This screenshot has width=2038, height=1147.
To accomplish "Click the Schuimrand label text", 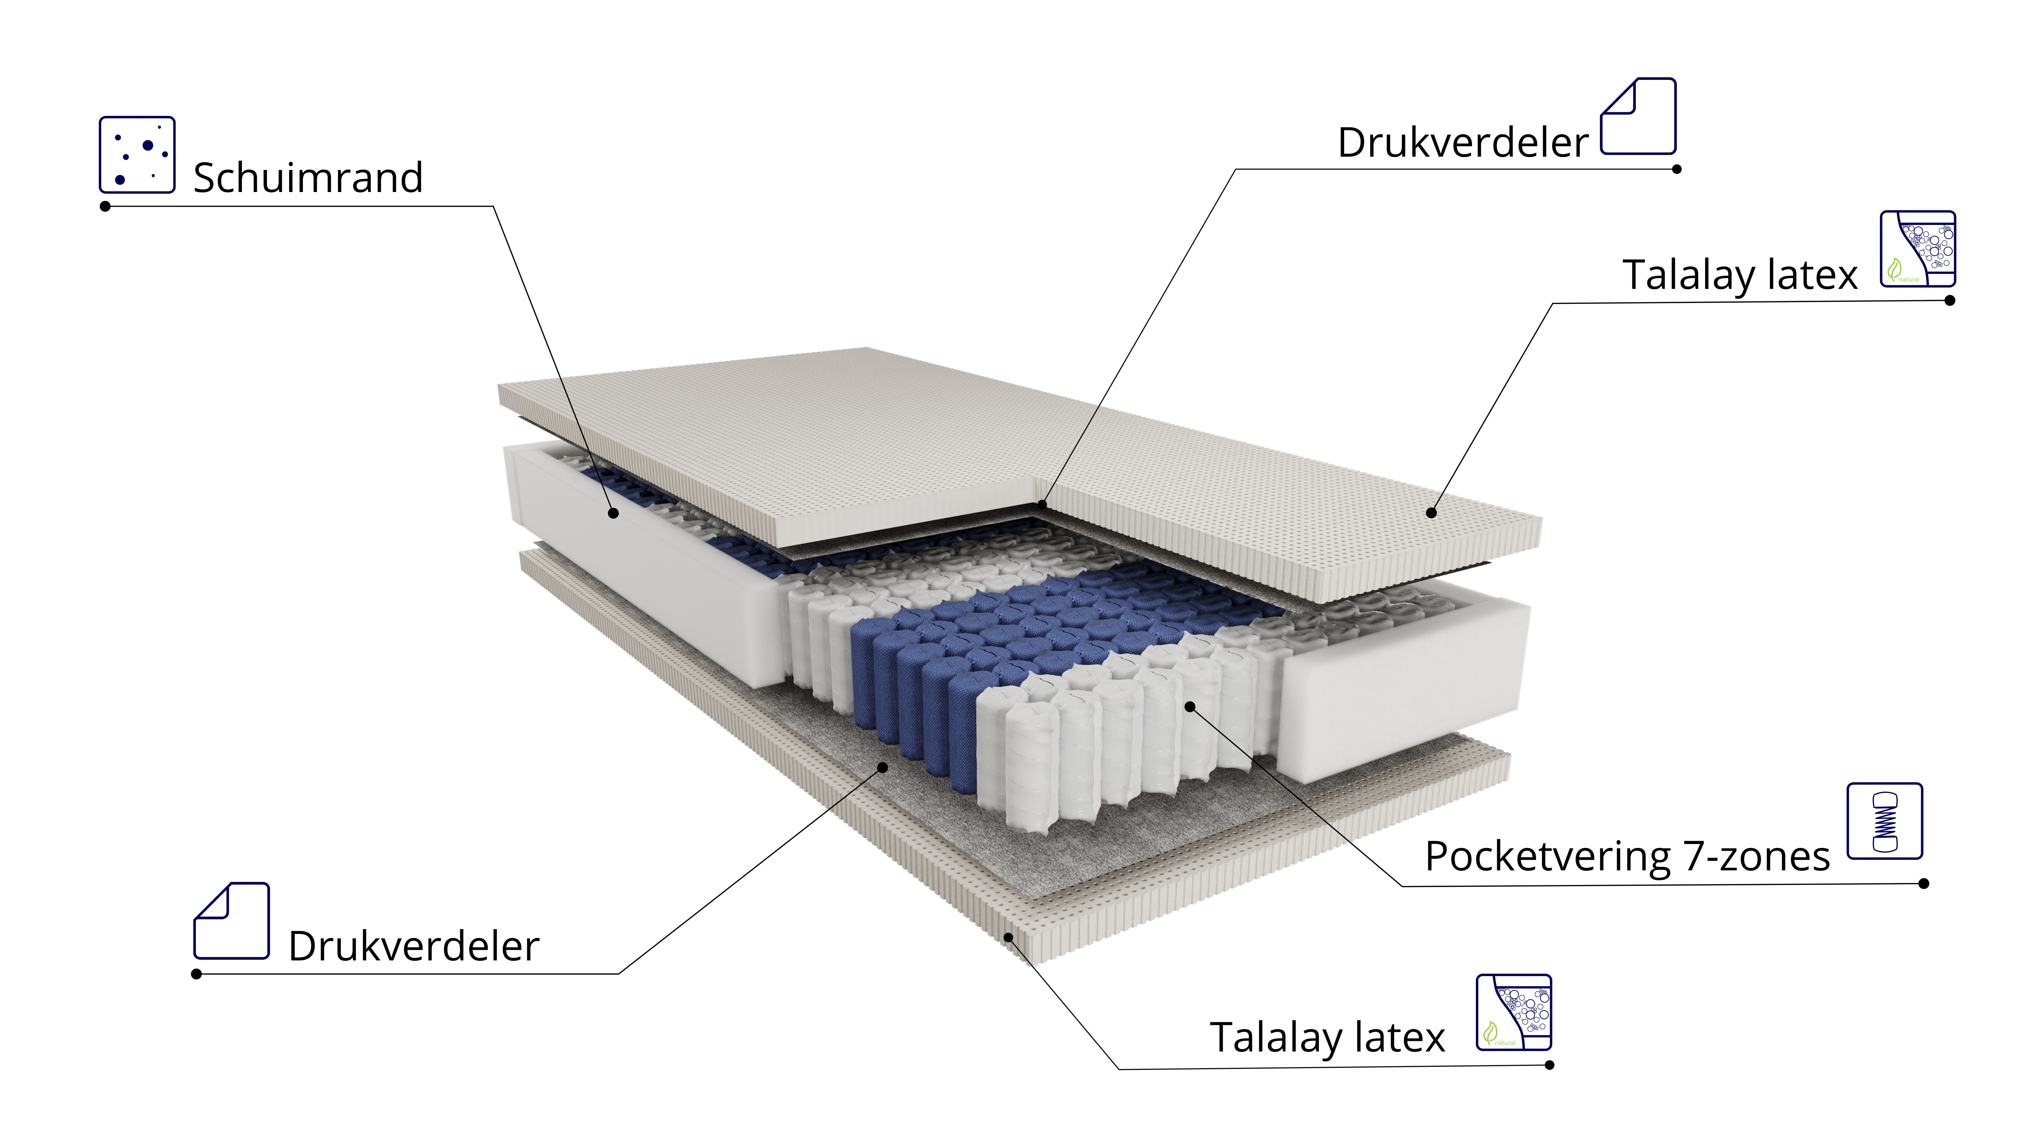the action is pyautogui.click(x=308, y=177).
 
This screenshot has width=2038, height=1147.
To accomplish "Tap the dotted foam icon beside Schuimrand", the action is pyautogui.click(x=137, y=154).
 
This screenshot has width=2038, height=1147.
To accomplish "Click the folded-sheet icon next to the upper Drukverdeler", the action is pyautogui.click(x=1638, y=116).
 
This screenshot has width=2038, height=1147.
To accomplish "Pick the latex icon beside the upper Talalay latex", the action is pyautogui.click(x=1918, y=248).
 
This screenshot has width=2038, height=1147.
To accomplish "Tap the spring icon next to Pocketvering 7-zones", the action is pyautogui.click(x=1884, y=821).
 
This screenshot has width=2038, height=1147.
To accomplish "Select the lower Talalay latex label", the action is pyautogui.click(x=1327, y=1038).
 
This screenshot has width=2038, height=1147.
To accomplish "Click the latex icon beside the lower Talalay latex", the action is pyautogui.click(x=1514, y=1012).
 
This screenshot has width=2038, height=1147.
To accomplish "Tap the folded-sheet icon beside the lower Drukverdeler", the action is pyautogui.click(x=232, y=921).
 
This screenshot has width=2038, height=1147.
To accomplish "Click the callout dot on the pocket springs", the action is pyautogui.click(x=1190, y=706).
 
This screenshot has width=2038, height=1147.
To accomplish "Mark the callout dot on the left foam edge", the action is pyautogui.click(x=613, y=513).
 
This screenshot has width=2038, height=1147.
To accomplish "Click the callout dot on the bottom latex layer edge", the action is pyautogui.click(x=1009, y=938).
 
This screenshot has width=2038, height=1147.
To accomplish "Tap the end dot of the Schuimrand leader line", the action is pyautogui.click(x=105, y=207).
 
